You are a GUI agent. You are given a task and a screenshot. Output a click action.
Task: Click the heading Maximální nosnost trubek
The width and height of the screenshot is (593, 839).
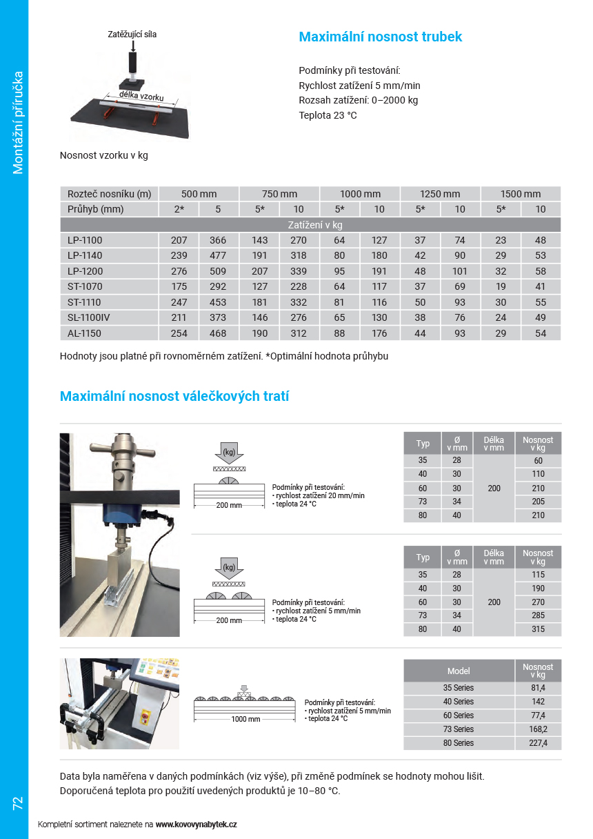pyautogui.click(x=380, y=37)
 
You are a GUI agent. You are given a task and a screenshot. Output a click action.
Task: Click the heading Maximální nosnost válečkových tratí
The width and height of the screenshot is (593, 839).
pyautogui.click(x=174, y=396)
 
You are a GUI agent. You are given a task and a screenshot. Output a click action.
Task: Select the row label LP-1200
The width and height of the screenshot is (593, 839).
pyautogui.click(x=85, y=271)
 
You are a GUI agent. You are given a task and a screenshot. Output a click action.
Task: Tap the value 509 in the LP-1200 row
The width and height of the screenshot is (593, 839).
pyautogui.click(x=218, y=271)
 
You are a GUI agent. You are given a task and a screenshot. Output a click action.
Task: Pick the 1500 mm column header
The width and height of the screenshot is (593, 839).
pyautogui.click(x=521, y=194)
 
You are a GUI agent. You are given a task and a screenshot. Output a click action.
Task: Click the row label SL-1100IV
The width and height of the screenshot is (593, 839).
pyautogui.click(x=90, y=317)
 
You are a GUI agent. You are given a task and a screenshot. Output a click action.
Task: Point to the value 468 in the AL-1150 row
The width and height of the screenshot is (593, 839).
pyautogui.click(x=218, y=333)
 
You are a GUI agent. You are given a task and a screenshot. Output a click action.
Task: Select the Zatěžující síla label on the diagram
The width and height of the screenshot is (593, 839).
pyautogui.click(x=132, y=34)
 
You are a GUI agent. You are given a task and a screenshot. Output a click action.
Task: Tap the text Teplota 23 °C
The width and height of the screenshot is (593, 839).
pyautogui.click(x=328, y=115)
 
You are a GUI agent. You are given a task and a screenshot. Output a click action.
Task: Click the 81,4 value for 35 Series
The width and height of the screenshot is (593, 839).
pyautogui.click(x=538, y=688)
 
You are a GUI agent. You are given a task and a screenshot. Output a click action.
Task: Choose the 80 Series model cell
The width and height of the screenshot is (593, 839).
pyautogui.click(x=459, y=743)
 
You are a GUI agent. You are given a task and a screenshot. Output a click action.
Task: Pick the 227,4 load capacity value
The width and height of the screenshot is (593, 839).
pyautogui.click(x=538, y=743)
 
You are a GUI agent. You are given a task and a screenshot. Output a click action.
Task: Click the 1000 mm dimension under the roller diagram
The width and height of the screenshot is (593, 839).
pyautogui.click(x=245, y=719)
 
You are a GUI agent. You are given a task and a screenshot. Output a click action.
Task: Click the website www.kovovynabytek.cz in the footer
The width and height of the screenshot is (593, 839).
pyautogui.click(x=196, y=825)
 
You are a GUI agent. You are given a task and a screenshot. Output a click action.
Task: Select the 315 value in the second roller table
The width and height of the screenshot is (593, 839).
pyautogui.click(x=538, y=629)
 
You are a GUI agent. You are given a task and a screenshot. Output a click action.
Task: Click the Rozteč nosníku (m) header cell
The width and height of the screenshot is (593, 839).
pyautogui.click(x=109, y=194)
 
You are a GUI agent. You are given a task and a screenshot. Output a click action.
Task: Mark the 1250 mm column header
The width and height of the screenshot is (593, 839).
pyautogui.click(x=441, y=194)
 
